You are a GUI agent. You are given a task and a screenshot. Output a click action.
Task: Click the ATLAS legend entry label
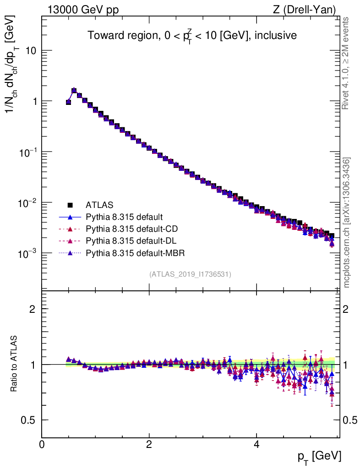click(99, 205)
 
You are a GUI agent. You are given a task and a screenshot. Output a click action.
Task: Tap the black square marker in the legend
click(70, 205)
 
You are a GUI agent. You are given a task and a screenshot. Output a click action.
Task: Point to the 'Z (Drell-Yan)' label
click(309, 9)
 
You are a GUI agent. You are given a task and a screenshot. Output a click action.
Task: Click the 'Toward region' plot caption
click(192, 36)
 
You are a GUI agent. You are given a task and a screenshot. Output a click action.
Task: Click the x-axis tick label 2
click(149, 444)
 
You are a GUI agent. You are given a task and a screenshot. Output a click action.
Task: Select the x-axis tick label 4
click(256, 444)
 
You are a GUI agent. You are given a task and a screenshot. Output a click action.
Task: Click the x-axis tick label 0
click(42, 444)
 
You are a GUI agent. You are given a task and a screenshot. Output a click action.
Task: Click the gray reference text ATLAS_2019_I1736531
click(190, 274)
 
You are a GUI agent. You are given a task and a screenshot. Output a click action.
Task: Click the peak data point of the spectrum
click(74, 90)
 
